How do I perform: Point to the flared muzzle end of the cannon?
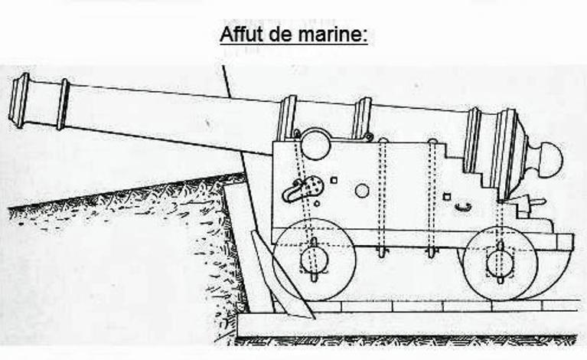tap(19, 100)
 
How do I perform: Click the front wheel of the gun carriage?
tap(314, 259)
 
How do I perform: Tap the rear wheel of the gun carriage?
tap(501, 263)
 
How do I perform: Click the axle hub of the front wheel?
tap(314, 259)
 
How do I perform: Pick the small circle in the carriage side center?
tap(362, 191)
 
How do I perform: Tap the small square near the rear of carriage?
tap(446, 196)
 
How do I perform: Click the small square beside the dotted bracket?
tap(334, 180)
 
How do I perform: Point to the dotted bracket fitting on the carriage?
tap(302, 189)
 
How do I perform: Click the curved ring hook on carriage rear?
tap(463, 207)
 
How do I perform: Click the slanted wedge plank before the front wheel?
tap(282, 275)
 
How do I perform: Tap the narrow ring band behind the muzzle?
tap(64, 104)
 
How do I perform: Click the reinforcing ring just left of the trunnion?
tap(286, 118)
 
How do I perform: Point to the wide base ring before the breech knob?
tap(505, 153)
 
